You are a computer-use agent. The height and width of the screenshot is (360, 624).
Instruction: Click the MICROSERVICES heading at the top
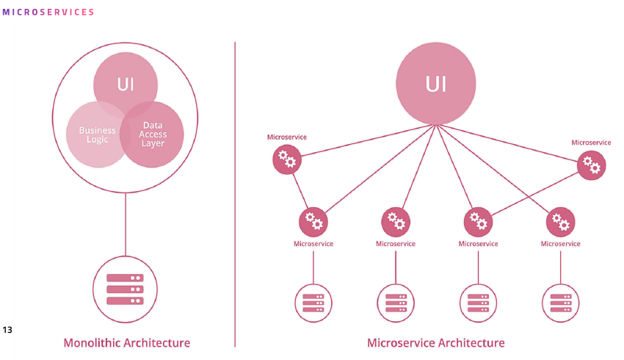point(48,12)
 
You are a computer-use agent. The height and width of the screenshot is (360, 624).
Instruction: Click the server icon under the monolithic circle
point(125,289)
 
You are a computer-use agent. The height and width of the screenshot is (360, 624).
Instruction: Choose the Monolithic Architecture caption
point(126,343)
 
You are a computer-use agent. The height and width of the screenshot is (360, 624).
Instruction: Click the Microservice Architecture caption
point(435,343)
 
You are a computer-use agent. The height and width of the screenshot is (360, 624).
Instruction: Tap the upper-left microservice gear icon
point(286,159)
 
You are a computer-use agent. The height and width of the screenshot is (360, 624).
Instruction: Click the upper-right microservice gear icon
point(591,165)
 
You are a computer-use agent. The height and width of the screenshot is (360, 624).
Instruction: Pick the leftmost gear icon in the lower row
point(313,221)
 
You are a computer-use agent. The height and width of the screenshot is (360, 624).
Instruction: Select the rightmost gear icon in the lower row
point(561,221)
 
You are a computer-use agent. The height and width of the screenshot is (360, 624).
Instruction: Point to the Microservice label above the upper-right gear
point(591,142)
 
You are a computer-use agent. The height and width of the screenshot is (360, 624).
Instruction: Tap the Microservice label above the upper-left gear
point(286,137)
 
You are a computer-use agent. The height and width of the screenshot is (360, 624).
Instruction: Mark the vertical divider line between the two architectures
point(235,191)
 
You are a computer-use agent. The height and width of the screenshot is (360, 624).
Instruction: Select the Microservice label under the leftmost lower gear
point(313,244)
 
